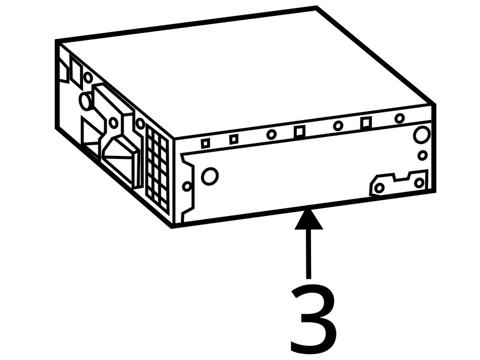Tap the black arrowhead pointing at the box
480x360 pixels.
click(308, 218)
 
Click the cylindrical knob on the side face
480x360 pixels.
click(86, 102)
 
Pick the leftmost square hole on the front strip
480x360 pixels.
click(205, 143)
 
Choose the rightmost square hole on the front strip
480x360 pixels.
click(366, 123)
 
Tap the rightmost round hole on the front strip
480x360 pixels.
click(399, 118)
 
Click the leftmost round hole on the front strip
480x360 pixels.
click(271, 134)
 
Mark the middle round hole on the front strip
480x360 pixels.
click(338, 126)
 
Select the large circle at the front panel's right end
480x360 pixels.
click(421, 135)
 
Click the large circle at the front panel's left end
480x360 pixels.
click(210, 176)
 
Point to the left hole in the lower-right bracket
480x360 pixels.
click(379, 188)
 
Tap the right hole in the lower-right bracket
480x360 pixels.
click(419, 182)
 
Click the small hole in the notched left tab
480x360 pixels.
click(187, 186)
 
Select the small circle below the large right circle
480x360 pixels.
click(422, 156)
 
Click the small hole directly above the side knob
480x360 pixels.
click(88, 77)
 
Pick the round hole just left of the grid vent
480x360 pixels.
click(140, 124)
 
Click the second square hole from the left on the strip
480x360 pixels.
click(234, 139)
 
